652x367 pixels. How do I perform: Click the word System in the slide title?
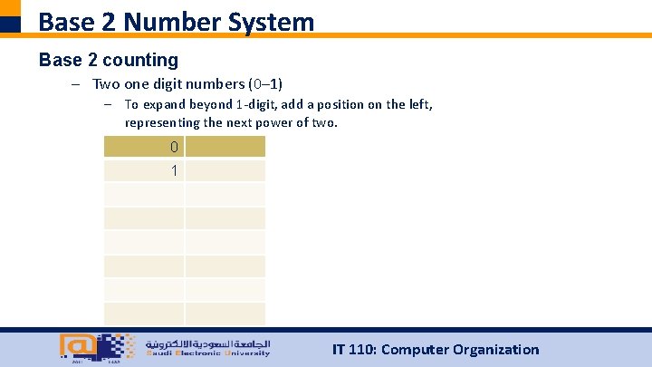click(x=269, y=21)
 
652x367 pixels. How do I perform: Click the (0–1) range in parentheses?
click(x=265, y=84)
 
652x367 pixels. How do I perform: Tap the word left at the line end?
click(x=419, y=105)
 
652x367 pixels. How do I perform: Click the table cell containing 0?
click(x=144, y=147)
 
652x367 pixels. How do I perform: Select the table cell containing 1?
click(x=144, y=171)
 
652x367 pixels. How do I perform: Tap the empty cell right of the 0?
click(x=225, y=147)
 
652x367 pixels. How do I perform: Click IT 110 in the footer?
click(x=352, y=350)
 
